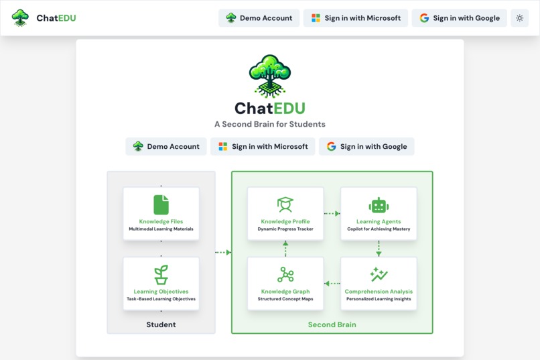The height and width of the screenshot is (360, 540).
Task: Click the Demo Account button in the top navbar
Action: click(259, 18)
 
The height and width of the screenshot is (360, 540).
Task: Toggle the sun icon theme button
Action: click(520, 18)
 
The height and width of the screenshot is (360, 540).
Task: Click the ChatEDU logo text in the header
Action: click(56, 18)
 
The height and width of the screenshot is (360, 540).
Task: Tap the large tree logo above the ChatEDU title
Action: click(269, 76)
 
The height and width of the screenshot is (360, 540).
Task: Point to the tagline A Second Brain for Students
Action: click(269, 124)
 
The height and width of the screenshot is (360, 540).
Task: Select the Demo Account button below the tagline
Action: click(166, 146)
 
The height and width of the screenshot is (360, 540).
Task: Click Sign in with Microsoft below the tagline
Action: click(263, 146)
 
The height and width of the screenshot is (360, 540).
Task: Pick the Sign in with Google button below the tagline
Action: click(366, 146)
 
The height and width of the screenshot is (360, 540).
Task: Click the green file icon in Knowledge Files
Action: click(161, 204)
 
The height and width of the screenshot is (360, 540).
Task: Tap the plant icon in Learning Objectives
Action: click(161, 274)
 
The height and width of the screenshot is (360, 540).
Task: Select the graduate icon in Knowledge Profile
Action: click(285, 204)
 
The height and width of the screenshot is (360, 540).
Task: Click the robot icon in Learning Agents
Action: click(379, 205)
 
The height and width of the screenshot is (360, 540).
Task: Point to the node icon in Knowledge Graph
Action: click(285, 275)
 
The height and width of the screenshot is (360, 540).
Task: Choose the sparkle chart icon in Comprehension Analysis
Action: click(379, 274)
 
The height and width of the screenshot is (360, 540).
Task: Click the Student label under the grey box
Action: click(161, 324)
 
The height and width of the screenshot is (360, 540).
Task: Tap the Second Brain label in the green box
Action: click(332, 324)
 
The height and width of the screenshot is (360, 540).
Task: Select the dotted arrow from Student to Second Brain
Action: click(223, 252)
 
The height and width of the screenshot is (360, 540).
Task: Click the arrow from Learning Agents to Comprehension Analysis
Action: click(379, 249)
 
